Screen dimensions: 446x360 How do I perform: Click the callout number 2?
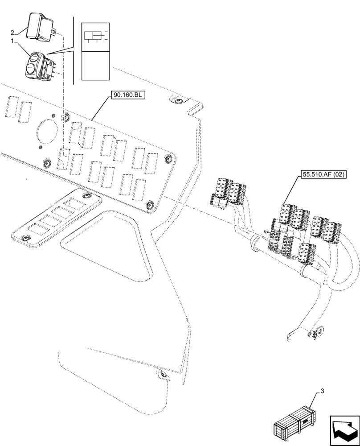(12, 33)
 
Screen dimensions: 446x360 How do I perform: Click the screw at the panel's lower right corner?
(150, 205)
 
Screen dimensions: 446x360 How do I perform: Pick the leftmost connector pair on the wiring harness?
(226, 192)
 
